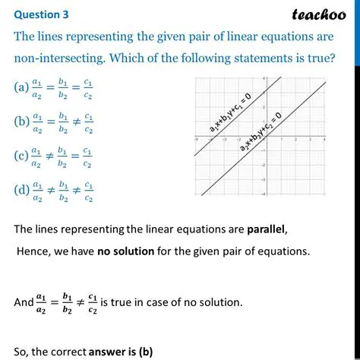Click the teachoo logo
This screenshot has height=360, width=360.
[318, 14]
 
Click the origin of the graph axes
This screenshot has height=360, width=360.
[263, 138]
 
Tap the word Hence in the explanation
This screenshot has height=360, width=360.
[33, 251]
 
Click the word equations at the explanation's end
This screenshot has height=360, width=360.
[284, 251]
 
